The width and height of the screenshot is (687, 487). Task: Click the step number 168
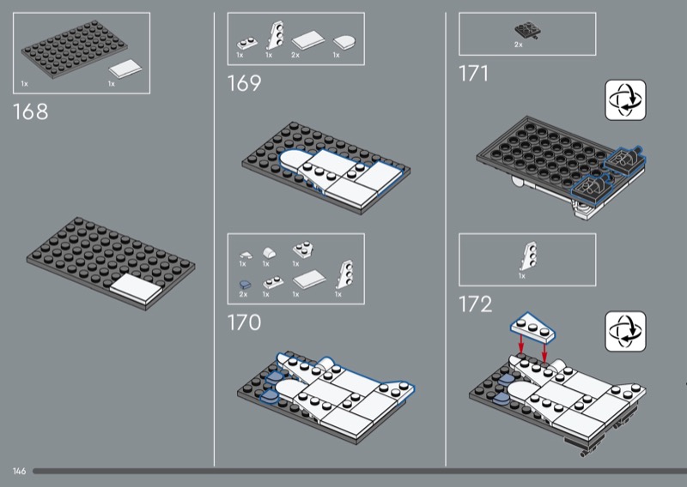30,111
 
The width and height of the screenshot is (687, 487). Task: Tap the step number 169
244,83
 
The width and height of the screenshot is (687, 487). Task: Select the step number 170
244,322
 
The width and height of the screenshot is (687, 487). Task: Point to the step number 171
473,73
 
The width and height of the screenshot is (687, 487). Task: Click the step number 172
476,304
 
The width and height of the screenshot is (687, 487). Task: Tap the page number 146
19,471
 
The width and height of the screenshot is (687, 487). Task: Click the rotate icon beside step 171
625,99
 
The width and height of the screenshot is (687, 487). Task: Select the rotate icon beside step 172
625,331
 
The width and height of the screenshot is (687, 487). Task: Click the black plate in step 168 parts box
75,49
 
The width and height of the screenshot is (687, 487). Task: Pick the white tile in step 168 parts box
125,69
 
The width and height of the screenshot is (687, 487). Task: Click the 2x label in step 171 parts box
519,45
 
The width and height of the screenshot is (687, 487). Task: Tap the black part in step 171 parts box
528,31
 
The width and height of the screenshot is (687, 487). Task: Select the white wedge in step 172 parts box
527,256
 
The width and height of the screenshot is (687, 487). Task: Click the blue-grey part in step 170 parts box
245,285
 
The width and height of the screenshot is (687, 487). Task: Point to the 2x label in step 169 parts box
295,55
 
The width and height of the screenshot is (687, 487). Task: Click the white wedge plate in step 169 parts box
275,35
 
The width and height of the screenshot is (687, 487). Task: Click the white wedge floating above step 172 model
532,328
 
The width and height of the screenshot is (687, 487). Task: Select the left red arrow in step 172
521,344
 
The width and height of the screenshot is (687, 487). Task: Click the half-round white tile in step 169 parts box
344,41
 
